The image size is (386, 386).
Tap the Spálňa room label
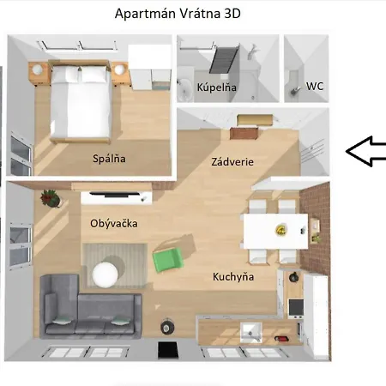pos(110,158)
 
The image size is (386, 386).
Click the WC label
pos(315,87)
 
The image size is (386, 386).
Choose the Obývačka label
pos(114,223)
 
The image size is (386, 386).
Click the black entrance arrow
pos(365,151)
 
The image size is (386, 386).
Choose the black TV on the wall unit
pos(118,195)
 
